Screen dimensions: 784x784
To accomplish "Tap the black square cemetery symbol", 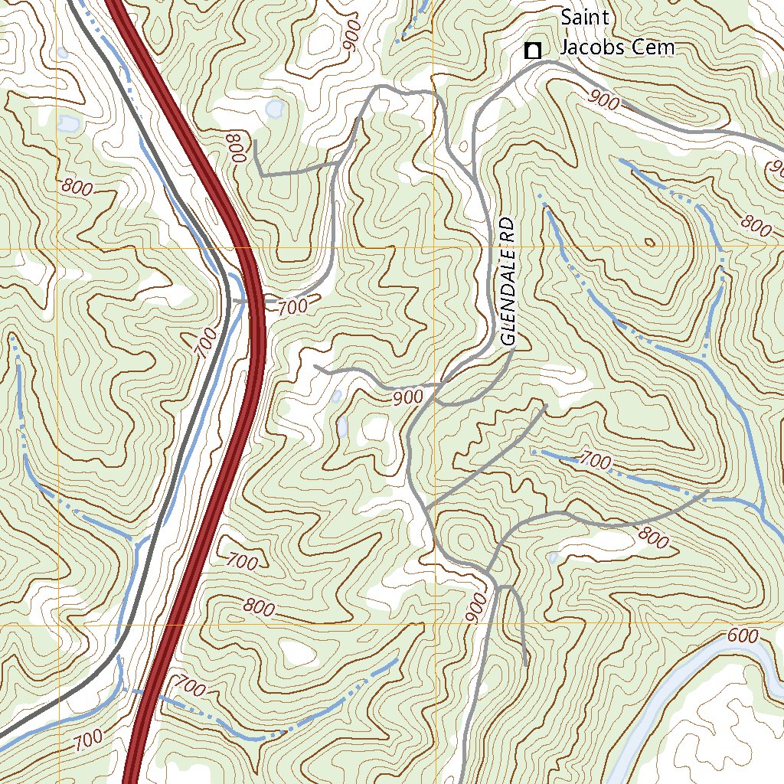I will click(532, 51).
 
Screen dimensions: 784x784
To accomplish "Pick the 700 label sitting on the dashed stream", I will click(596, 460).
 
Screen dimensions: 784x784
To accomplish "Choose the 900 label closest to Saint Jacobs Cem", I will click(605, 99).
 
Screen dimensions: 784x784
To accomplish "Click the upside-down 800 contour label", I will click(234, 149).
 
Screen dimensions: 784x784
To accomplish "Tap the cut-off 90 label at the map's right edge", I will click(775, 167).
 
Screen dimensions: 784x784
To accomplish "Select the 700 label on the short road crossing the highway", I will click(292, 307).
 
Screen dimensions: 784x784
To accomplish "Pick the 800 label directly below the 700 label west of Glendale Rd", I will click(259, 608).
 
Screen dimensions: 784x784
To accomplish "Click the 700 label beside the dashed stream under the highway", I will click(190, 687).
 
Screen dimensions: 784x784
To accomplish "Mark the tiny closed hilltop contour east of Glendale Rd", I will click(650, 243).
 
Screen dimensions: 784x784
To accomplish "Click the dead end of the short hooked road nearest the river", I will click(526, 661).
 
